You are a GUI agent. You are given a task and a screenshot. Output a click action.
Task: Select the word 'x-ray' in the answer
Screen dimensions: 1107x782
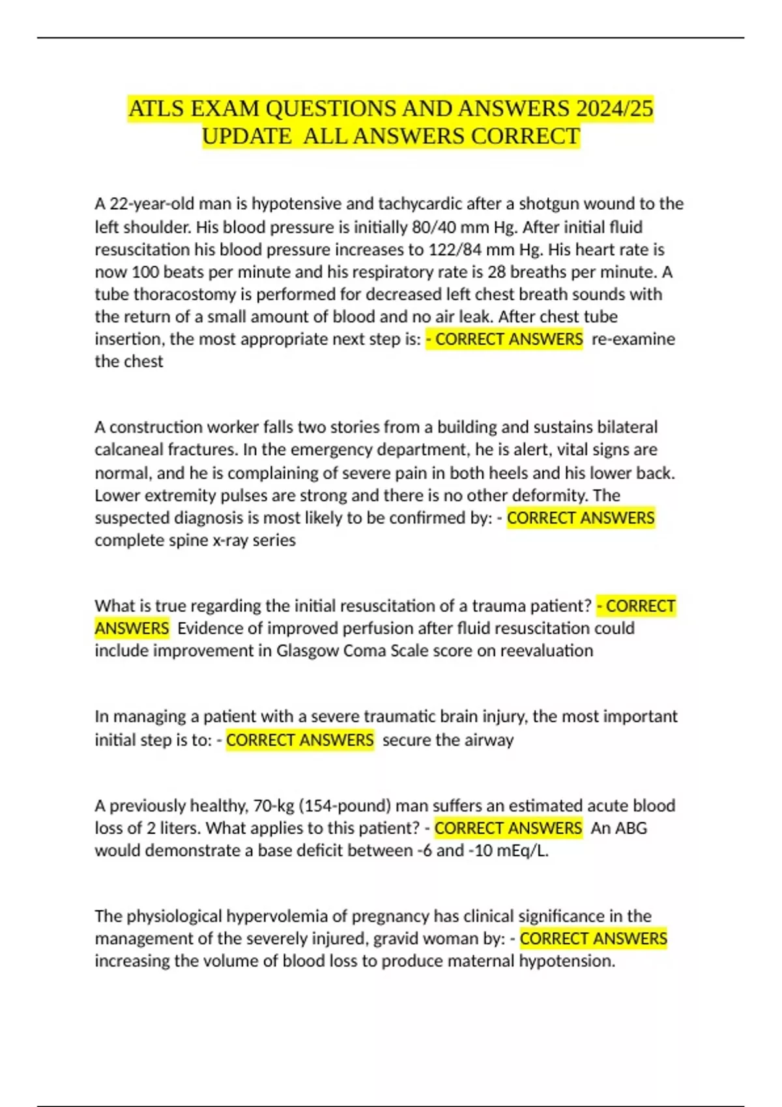pyautogui.click(x=231, y=540)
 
